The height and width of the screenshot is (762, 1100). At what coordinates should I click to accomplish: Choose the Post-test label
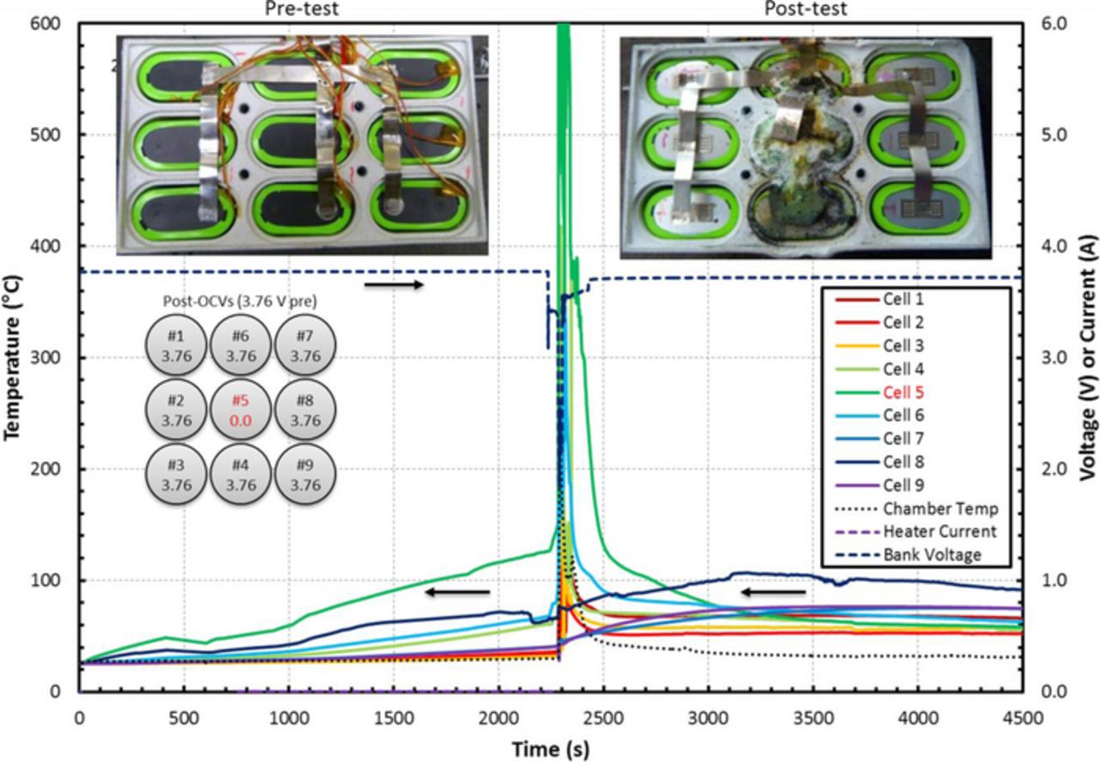tap(805, 9)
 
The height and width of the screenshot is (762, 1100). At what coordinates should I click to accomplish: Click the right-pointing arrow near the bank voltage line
tap(394, 284)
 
